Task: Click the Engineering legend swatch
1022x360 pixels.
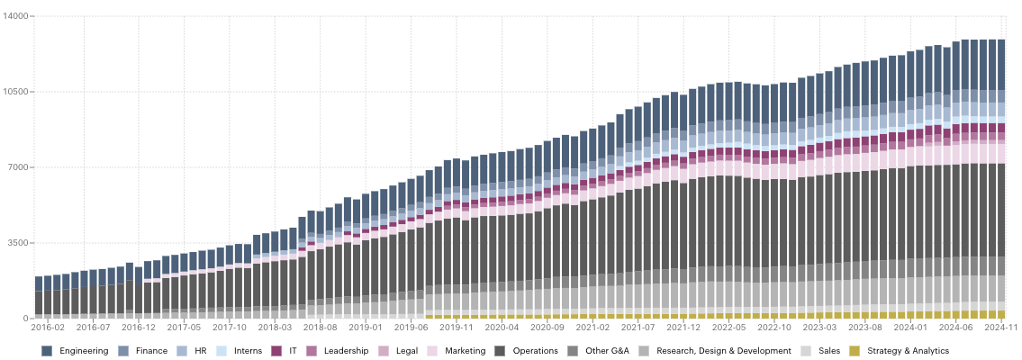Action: pyautogui.click(x=47, y=351)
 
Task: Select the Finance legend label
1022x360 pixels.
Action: pyautogui.click(x=151, y=351)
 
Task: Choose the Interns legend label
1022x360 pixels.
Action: pyautogui.click(x=249, y=351)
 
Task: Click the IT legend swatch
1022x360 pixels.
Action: pyautogui.click(x=277, y=351)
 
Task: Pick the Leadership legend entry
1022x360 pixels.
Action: pyautogui.click(x=346, y=351)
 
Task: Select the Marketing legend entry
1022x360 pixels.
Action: pyautogui.click(x=463, y=351)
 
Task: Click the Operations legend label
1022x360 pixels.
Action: pyautogui.click(x=535, y=351)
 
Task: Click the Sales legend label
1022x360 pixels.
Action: pyautogui.click(x=828, y=351)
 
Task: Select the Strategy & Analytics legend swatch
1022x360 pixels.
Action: pyautogui.click(x=855, y=351)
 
